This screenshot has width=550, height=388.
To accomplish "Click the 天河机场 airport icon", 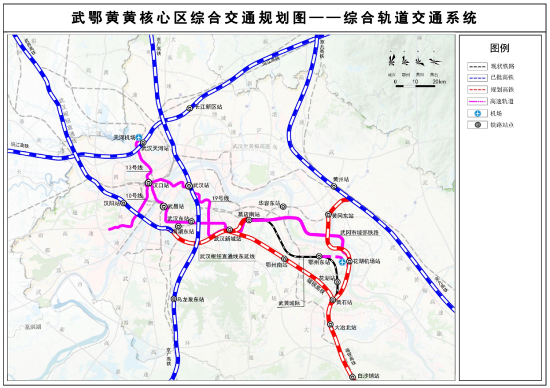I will [x=139, y=137].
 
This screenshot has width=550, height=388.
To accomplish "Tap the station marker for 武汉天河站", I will [x=143, y=143].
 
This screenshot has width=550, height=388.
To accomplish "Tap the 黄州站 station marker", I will [x=334, y=186].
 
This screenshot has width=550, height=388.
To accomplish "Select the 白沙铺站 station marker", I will [x=352, y=377].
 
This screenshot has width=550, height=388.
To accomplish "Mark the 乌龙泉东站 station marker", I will [x=173, y=299].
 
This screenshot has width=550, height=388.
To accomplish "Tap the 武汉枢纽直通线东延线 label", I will [x=227, y=256].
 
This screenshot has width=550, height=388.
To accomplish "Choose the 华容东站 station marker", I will [x=282, y=207].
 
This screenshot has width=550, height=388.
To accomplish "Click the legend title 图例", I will [x=499, y=48].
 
